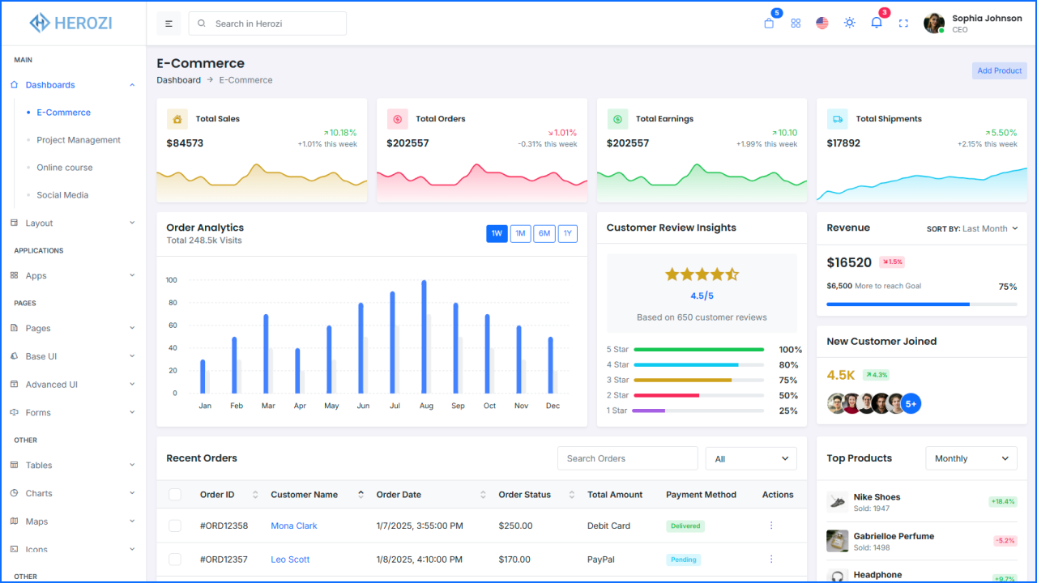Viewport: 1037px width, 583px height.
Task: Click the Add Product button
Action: [x=999, y=70]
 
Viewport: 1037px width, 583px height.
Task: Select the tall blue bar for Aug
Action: [x=424, y=337]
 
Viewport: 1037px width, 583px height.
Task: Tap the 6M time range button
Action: [x=544, y=234]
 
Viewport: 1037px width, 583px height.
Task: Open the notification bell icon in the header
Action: [x=876, y=23]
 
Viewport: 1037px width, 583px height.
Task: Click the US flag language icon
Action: [x=822, y=23]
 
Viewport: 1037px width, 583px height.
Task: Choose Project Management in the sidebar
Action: [x=79, y=140]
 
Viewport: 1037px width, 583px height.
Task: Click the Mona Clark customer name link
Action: [x=294, y=526]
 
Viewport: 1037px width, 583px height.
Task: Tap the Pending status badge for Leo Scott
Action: [x=684, y=560]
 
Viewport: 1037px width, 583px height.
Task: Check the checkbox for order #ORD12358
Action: [x=175, y=526]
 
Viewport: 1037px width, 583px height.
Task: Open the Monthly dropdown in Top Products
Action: [x=971, y=458]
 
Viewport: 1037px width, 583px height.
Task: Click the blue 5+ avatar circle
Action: [x=911, y=403]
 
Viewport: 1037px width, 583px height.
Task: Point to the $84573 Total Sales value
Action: [x=185, y=143]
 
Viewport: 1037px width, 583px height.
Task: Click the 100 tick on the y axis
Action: [x=171, y=280]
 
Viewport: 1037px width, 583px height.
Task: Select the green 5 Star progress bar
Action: [x=698, y=350]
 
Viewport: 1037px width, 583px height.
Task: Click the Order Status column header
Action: [x=524, y=495]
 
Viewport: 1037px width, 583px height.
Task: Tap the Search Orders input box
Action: [x=627, y=458]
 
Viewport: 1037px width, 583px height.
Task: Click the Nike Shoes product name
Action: [x=877, y=497]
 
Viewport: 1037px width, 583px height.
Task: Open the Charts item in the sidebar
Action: [x=39, y=493]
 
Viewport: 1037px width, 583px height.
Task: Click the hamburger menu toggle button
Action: [x=169, y=23]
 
